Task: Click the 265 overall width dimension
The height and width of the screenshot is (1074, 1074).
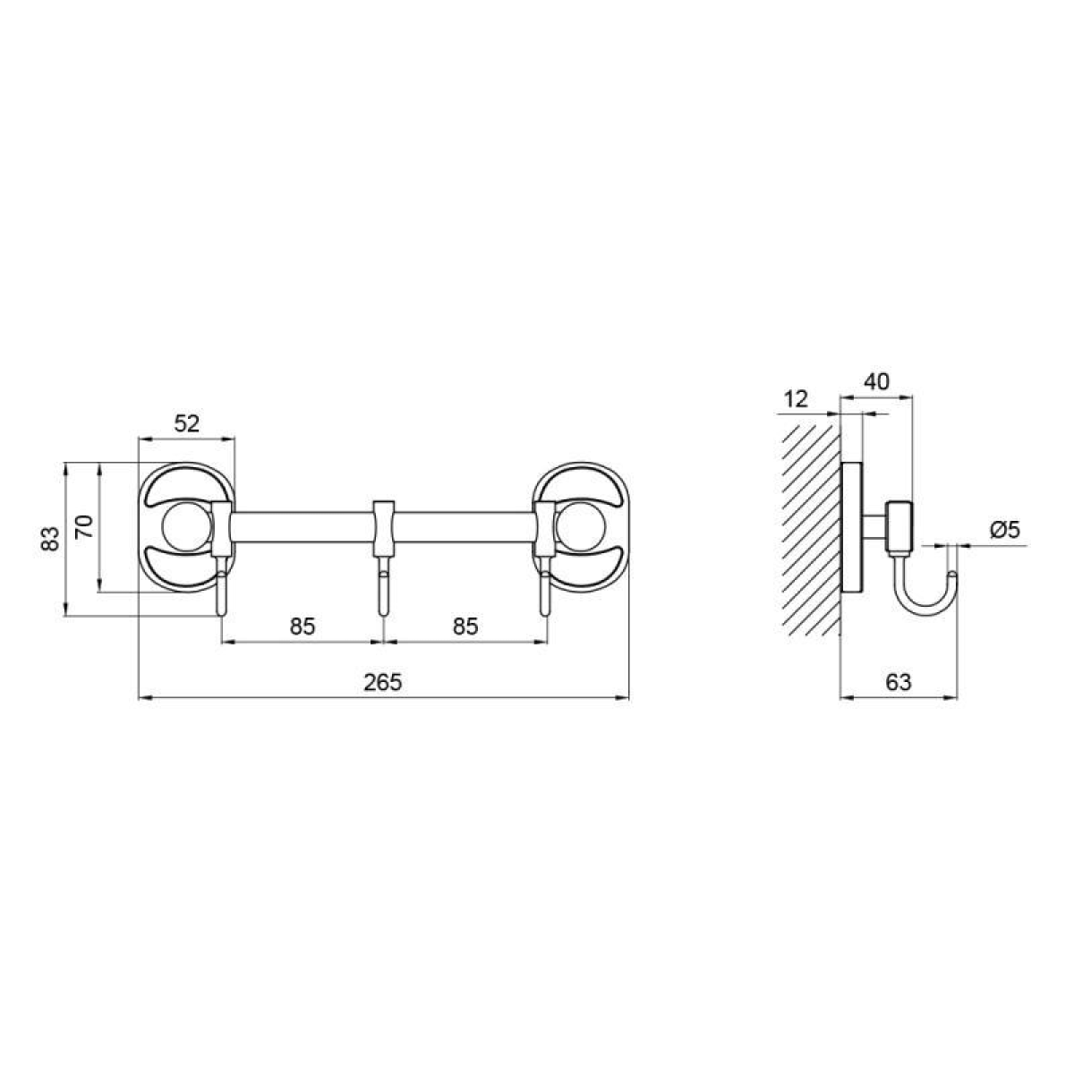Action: click(x=383, y=682)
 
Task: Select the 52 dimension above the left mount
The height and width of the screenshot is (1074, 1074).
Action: click(x=187, y=424)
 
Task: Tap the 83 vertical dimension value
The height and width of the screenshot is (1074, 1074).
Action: click(x=49, y=539)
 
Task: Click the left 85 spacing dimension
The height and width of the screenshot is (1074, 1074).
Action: click(x=303, y=626)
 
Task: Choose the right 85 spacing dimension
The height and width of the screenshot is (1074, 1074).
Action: click(x=465, y=626)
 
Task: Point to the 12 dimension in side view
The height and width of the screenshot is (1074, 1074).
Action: click(x=796, y=399)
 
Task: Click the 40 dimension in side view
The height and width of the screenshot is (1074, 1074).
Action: click(x=877, y=382)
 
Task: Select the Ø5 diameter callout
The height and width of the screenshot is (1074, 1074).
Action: click(x=1005, y=530)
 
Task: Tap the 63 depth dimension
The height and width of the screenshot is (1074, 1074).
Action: click(x=899, y=682)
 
